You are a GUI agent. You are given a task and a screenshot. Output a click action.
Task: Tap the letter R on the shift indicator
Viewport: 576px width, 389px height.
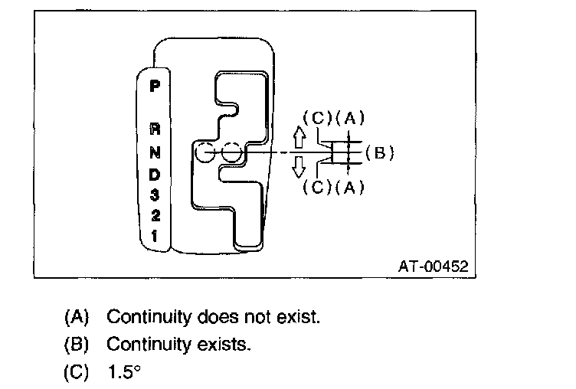pyautogui.click(x=155, y=129)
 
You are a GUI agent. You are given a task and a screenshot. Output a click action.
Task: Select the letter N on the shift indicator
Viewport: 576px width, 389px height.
pyautogui.click(x=155, y=152)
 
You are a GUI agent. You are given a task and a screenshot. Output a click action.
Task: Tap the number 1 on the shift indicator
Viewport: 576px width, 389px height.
pyautogui.click(x=155, y=237)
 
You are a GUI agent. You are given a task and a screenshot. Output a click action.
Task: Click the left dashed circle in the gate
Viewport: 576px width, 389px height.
pyautogui.click(x=204, y=153)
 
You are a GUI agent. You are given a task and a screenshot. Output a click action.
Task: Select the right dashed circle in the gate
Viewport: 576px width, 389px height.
pyautogui.click(x=233, y=153)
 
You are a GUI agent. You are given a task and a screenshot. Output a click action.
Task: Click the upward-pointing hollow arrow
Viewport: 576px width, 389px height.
pyautogui.click(x=299, y=136)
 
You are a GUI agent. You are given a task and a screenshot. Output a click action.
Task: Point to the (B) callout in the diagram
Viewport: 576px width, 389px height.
pyautogui.click(x=378, y=152)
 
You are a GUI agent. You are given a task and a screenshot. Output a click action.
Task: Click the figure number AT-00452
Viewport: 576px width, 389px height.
pyautogui.click(x=433, y=266)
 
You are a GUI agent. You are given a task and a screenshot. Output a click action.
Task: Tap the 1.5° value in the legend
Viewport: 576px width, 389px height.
pyautogui.click(x=124, y=374)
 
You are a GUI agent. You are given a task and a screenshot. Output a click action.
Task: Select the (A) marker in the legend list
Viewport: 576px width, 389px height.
pyautogui.click(x=77, y=316)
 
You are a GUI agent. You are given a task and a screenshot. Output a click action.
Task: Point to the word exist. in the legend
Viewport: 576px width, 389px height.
pyautogui.click(x=299, y=316)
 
